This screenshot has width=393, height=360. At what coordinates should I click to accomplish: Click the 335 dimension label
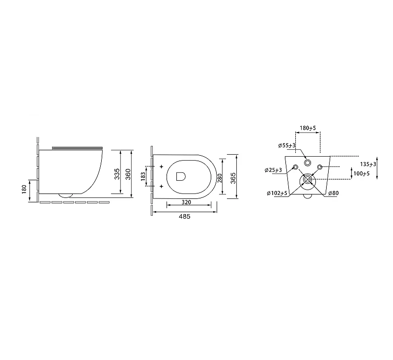pos(117,174)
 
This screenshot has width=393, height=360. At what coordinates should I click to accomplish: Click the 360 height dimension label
pos(128,174)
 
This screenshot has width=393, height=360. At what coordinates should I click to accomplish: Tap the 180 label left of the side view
pos(24,189)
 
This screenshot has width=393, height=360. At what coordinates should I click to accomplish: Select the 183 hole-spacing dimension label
pos(143,176)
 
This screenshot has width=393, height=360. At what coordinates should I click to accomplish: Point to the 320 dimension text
pos(186,202)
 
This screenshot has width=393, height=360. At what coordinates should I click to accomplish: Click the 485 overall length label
pos(185,217)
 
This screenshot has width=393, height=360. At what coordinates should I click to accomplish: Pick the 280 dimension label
pos(220,178)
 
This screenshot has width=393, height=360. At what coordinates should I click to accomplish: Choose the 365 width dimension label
pos(233,178)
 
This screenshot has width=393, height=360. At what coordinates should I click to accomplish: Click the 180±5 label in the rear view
pos(308,128)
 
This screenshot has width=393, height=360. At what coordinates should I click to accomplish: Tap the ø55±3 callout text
pos(287,145)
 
